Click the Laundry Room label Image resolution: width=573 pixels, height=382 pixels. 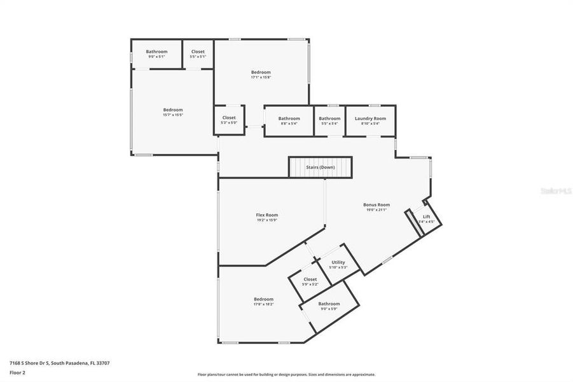coord(370,118)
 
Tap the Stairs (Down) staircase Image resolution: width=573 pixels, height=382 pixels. coord(321,167)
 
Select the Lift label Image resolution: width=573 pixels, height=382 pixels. coord(427,216)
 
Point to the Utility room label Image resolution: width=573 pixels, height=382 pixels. coord(338,262)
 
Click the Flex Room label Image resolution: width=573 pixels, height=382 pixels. coord(267,215)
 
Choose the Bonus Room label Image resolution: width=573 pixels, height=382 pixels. coord(376,205)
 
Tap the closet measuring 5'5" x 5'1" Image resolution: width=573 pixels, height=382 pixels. coord(198,52)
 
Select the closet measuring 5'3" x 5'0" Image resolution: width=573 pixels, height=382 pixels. coord(229,118)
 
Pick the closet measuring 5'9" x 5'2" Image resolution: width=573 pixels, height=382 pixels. coord(310,279)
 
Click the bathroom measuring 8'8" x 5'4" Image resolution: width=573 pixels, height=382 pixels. coord(289,118)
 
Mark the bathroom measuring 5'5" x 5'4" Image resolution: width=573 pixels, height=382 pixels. coord(329,118)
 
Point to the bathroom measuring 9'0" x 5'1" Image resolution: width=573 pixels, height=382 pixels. coord(156,52)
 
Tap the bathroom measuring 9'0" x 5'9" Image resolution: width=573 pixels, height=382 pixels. coord(329,304)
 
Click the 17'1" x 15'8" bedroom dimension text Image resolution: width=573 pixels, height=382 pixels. coord(261,78)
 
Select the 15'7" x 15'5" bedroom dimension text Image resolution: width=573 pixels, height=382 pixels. coord(173,115)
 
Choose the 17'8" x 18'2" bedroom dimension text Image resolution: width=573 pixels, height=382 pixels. coord(263,304)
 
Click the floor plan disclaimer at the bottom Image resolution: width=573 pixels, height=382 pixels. coord(286,374)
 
